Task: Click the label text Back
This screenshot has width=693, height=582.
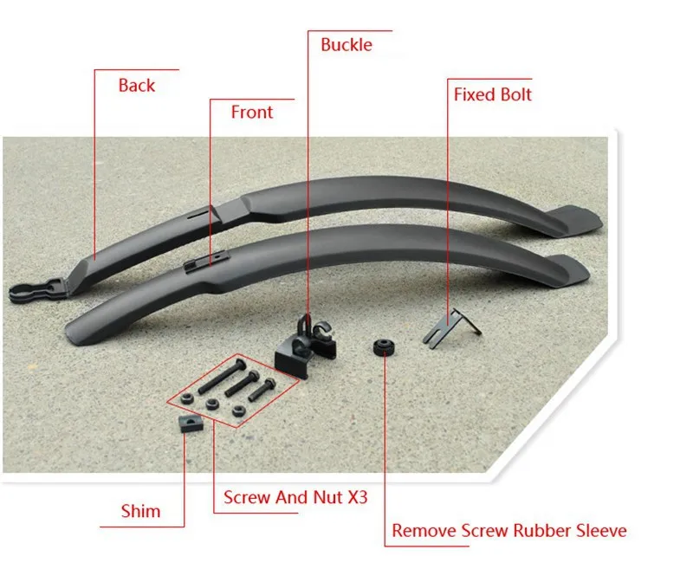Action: [137, 85]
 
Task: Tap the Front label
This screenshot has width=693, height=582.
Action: [252, 113]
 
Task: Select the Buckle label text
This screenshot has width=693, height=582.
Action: [346, 45]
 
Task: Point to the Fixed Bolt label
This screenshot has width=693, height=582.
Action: [492, 94]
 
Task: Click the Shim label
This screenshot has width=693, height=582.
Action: [140, 511]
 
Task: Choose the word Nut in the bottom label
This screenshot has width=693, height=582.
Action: [328, 498]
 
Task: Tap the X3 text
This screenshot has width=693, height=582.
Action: [358, 498]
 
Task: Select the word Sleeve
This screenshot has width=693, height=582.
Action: [601, 531]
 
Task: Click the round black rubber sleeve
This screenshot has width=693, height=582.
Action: [384, 347]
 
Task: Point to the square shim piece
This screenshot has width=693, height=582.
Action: [191, 423]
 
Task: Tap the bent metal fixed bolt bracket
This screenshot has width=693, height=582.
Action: [451, 327]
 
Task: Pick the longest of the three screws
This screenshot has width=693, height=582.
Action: [223, 377]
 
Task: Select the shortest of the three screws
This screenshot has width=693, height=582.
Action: [262, 390]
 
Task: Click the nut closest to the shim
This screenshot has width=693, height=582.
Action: [187, 398]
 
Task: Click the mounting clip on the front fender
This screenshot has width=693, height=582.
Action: [206, 262]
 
